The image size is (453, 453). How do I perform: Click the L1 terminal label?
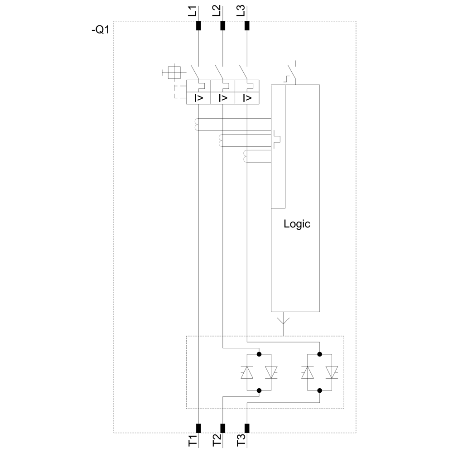click(193, 11)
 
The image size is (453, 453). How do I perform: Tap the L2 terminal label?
click(217, 11)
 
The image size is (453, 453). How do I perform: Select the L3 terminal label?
click(241, 11)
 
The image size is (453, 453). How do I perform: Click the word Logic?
click(297, 224)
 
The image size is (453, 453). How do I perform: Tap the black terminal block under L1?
click(198, 25)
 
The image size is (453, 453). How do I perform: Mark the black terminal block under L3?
click(247, 25)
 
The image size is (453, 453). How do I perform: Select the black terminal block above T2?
click(222, 428)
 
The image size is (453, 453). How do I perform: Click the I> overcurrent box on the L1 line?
click(199, 98)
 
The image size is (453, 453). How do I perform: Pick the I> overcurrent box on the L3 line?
click(247, 98)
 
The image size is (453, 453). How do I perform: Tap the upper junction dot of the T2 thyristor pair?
click(259, 354)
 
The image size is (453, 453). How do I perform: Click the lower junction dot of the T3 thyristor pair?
click(319, 390)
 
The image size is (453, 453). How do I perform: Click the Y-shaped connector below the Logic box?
click(283, 320)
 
